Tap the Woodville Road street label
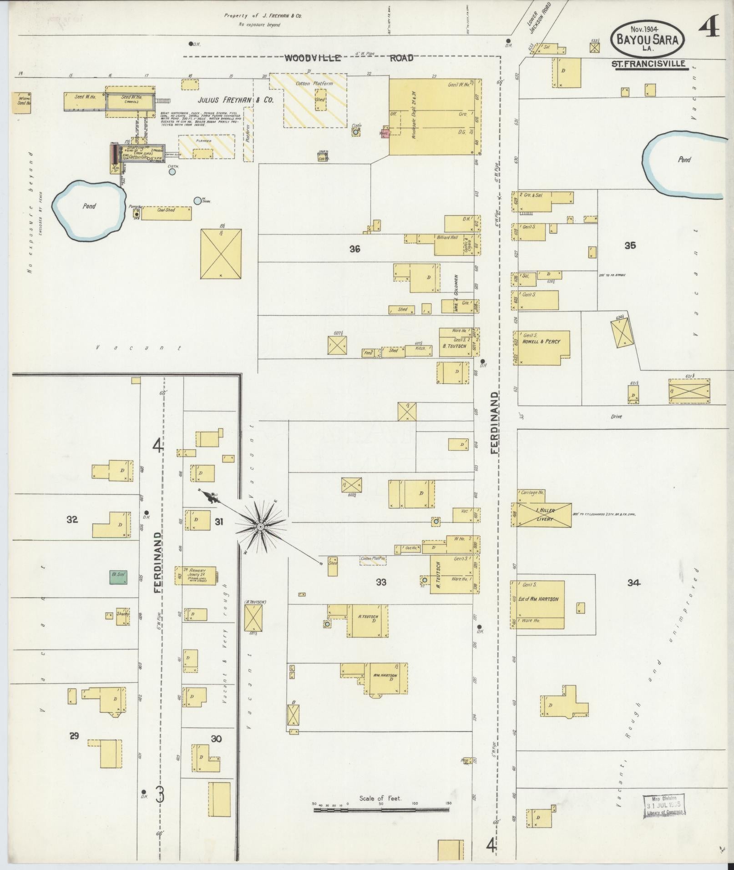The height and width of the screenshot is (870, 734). pos(349,58)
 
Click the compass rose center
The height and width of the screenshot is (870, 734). pos(260,527)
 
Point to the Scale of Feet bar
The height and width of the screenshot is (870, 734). pos(381,491)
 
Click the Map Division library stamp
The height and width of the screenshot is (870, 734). pos(664,488)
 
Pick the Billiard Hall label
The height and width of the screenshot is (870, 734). pos(447,237)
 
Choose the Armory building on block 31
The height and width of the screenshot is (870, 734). pos(196,575)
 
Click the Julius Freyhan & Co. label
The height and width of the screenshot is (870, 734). pos(235,100)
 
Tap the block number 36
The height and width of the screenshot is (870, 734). pos(355,249)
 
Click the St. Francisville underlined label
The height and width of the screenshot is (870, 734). pos(649,64)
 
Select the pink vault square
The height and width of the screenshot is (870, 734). pos(384,133)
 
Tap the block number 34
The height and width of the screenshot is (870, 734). pos(633,583)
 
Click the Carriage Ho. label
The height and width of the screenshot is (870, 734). pos(531,493)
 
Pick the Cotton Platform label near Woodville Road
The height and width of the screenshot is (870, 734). pos(314,84)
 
